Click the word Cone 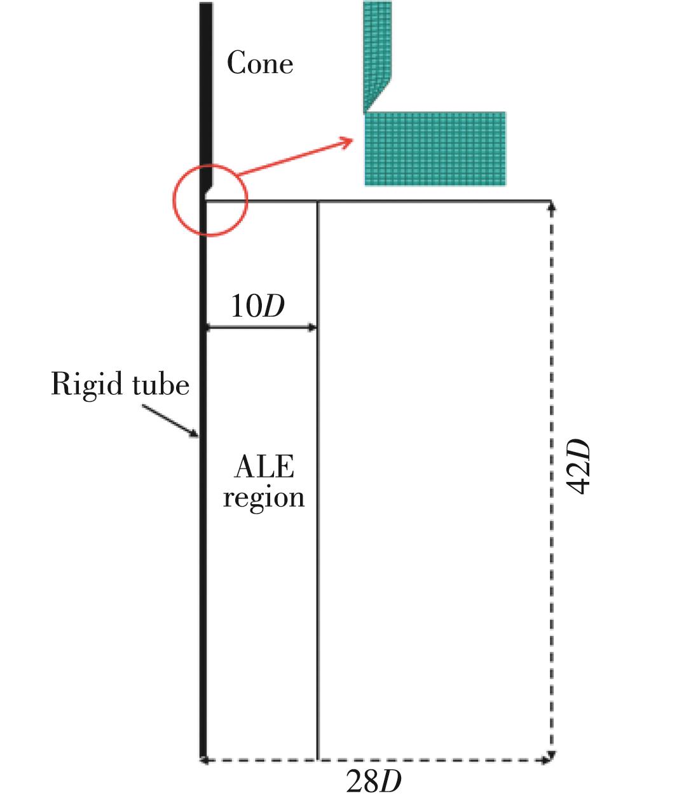[x=260, y=64]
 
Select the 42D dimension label [x=578, y=467]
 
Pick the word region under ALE [x=264, y=497]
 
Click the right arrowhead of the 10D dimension [x=312, y=328]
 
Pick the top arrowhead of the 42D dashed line [x=551, y=205]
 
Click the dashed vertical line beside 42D [x=551, y=572]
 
